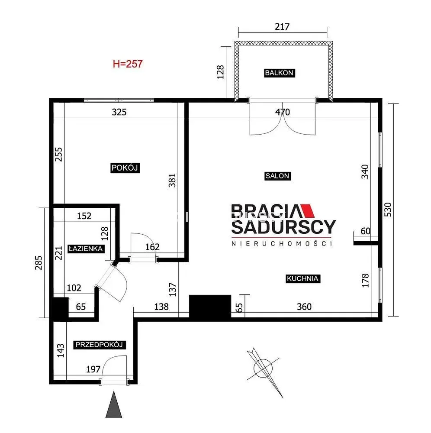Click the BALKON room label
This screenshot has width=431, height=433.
[x=279, y=73]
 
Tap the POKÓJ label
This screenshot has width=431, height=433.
[x=125, y=168]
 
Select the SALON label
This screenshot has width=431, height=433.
[x=277, y=176]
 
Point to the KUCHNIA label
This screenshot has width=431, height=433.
[x=302, y=278]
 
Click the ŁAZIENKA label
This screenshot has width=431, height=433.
[x=86, y=249]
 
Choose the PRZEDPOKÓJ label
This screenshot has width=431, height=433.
[x=99, y=345]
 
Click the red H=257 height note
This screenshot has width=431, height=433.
[x=128, y=64]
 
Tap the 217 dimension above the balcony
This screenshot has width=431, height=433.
[x=282, y=26]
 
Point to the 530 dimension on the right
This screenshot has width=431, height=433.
[x=388, y=210]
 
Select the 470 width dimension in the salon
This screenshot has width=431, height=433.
[x=283, y=112]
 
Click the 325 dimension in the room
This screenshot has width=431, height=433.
[x=119, y=112]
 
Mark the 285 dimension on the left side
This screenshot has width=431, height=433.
[x=39, y=263]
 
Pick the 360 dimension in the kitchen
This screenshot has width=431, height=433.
[x=304, y=307]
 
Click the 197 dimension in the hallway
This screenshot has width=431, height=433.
[x=93, y=369]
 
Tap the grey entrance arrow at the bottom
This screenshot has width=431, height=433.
[x=114, y=404]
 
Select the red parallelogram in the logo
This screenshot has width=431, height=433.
[x=307, y=211]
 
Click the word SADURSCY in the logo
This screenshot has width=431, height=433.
[x=283, y=227]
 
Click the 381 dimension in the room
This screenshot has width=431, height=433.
[x=172, y=180]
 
